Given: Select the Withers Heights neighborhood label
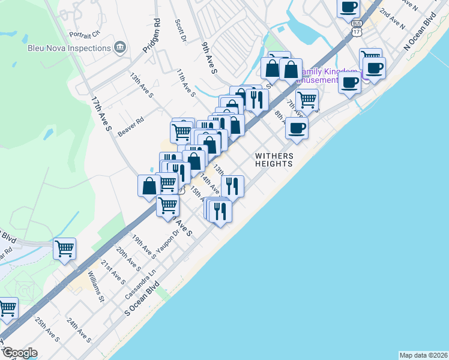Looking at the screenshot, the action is [x=274, y=159].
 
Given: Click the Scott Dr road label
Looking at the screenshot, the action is [x=180, y=30].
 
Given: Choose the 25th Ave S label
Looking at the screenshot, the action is [x=47, y=330].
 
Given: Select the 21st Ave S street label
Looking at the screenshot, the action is [x=113, y=272].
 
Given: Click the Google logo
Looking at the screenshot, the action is [x=20, y=353].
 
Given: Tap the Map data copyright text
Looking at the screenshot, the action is [x=423, y=355].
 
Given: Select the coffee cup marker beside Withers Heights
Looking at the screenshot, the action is [x=297, y=127].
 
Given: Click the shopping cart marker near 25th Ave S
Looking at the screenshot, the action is [x=7, y=308].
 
